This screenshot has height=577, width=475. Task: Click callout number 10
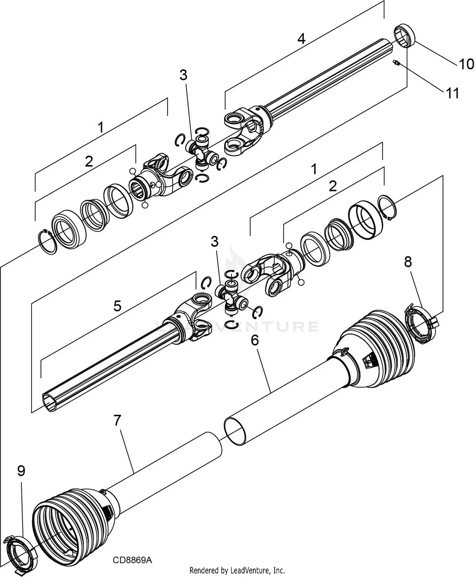(466, 64)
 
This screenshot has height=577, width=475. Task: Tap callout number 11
(452, 93)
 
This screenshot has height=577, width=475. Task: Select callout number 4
(301, 39)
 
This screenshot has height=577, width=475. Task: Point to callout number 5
(117, 306)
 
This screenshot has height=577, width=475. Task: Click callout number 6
(255, 340)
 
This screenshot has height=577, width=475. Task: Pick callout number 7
(117, 421)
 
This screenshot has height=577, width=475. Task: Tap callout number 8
(408, 262)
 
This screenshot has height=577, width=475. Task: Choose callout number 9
(21, 471)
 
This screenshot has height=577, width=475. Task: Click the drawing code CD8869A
(132, 560)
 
